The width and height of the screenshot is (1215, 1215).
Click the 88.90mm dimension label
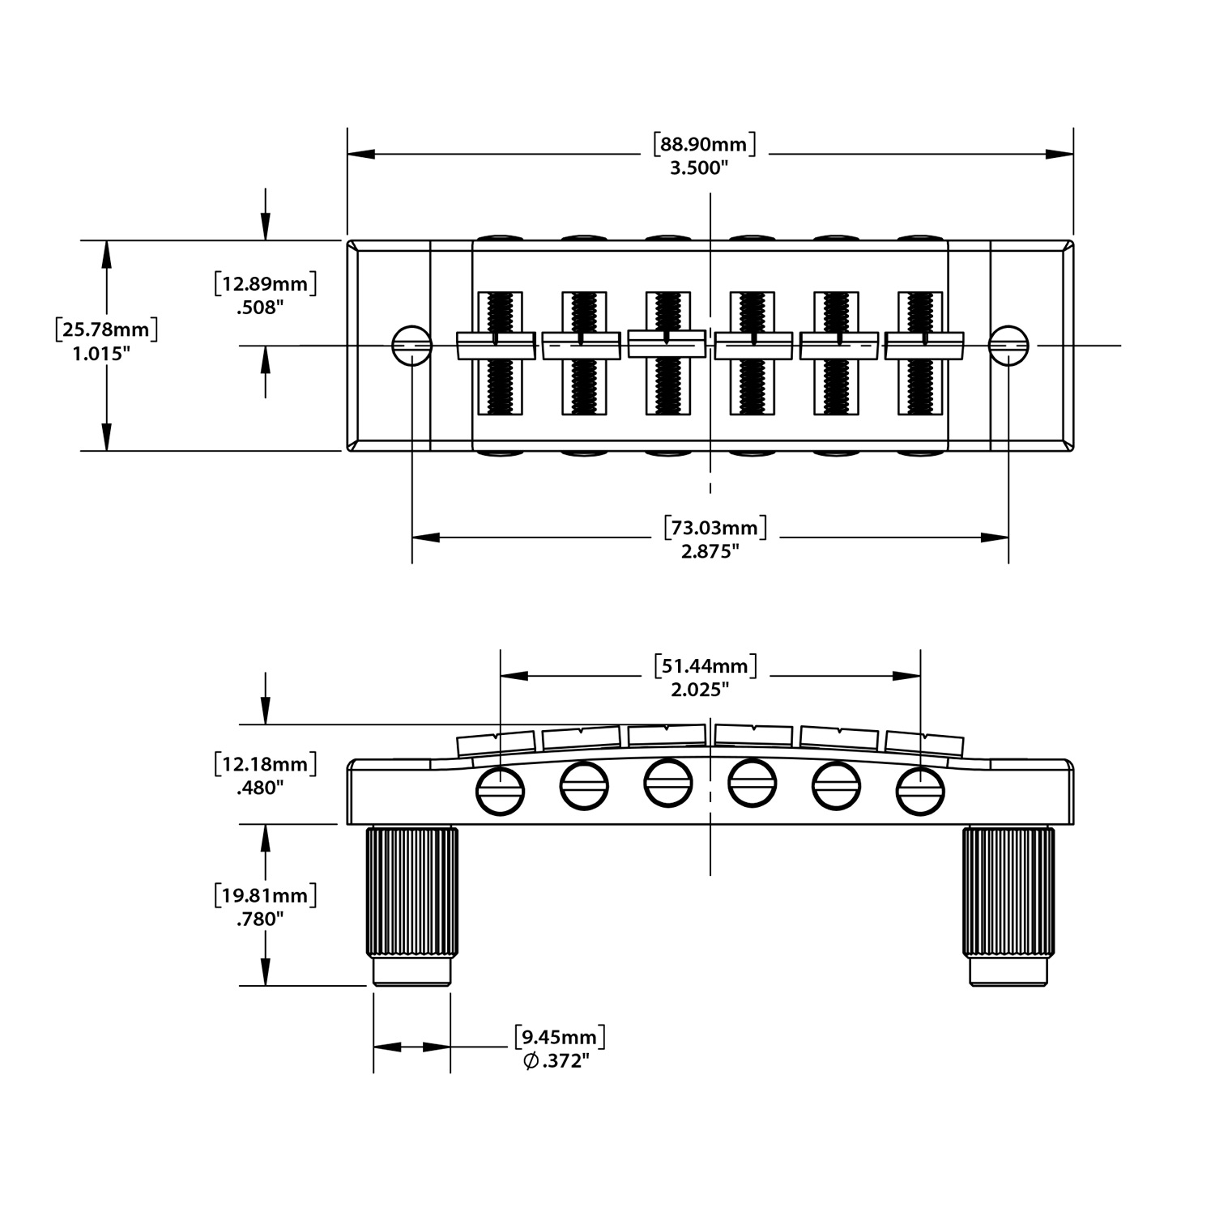tap(704, 144)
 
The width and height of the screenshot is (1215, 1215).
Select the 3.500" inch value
tap(699, 168)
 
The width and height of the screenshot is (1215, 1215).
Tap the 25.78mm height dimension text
tap(106, 329)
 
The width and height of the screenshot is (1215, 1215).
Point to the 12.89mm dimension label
tap(265, 284)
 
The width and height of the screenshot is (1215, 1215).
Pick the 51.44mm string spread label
tap(705, 666)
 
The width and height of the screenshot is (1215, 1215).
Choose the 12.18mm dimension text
tap(265, 763)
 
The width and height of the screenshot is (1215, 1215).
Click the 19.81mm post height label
tap(265, 895)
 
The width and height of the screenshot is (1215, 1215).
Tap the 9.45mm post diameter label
tap(560, 1037)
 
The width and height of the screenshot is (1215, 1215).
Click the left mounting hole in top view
tap(411, 345)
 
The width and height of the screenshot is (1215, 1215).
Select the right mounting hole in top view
tap(1008, 345)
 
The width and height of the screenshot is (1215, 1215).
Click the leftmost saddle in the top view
tap(496, 346)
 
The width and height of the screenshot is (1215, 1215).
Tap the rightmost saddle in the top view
tap(923, 346)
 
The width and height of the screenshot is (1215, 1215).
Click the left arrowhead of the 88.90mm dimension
tap(360, 154)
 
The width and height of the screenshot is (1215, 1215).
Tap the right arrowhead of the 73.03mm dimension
tap(995, 537)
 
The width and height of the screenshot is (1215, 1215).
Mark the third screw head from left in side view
tap(668, 783)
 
